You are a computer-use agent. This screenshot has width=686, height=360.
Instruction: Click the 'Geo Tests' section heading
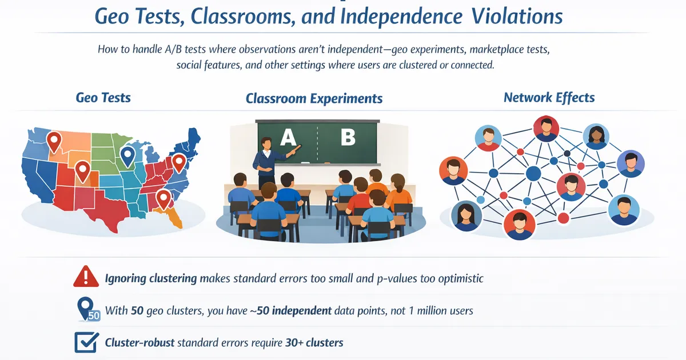[x=103, y=98]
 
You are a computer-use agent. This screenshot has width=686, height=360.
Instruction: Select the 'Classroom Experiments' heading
[x=314, y=98]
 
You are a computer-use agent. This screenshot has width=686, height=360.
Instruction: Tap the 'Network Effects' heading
[x=549, y=98]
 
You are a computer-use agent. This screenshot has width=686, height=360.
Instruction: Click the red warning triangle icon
[x=86, y=276]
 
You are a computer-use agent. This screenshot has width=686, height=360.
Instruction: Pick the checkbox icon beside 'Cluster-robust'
[x=86, y=342]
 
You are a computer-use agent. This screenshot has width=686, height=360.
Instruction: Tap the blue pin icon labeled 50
[x=88, y=310]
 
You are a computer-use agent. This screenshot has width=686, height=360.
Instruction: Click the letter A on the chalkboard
[x=288, y=137]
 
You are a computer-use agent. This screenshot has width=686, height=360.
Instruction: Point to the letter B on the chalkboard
[x=348, y=137]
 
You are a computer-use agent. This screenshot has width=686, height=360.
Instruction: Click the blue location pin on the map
[x=127, y=157]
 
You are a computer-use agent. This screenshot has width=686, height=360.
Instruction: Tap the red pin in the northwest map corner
[x=54, y=142]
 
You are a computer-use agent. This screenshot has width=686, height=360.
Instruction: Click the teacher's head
[x=266, y=143]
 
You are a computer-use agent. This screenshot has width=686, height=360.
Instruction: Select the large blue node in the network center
[x=533, y=174]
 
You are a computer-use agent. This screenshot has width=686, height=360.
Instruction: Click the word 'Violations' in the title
[x=517, y=16]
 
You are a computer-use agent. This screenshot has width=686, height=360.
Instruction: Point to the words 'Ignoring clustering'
[x=151, y=279]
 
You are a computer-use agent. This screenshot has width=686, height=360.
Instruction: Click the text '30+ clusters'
[x=314, y=342]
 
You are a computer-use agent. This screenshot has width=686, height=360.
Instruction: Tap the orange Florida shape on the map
[x=173, y=217]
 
